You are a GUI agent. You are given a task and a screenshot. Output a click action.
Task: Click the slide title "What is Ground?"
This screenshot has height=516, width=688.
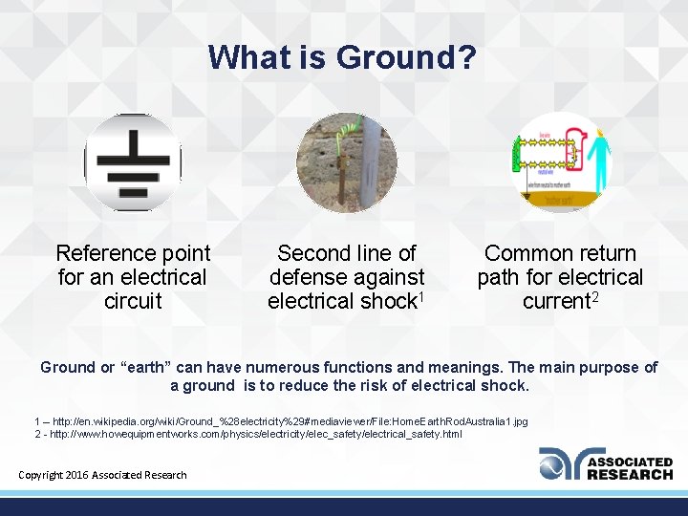(x=342, y=57)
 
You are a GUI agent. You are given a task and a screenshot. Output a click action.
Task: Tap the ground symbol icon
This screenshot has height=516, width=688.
(x=133, y=161)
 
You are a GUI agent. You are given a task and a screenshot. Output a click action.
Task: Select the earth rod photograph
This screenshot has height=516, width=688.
(x=346, y=162)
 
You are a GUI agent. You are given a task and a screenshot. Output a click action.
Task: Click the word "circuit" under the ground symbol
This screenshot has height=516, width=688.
(x=133, y=301)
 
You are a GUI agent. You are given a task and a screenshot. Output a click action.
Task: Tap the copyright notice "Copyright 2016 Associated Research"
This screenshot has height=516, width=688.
(x=103, y=475)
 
